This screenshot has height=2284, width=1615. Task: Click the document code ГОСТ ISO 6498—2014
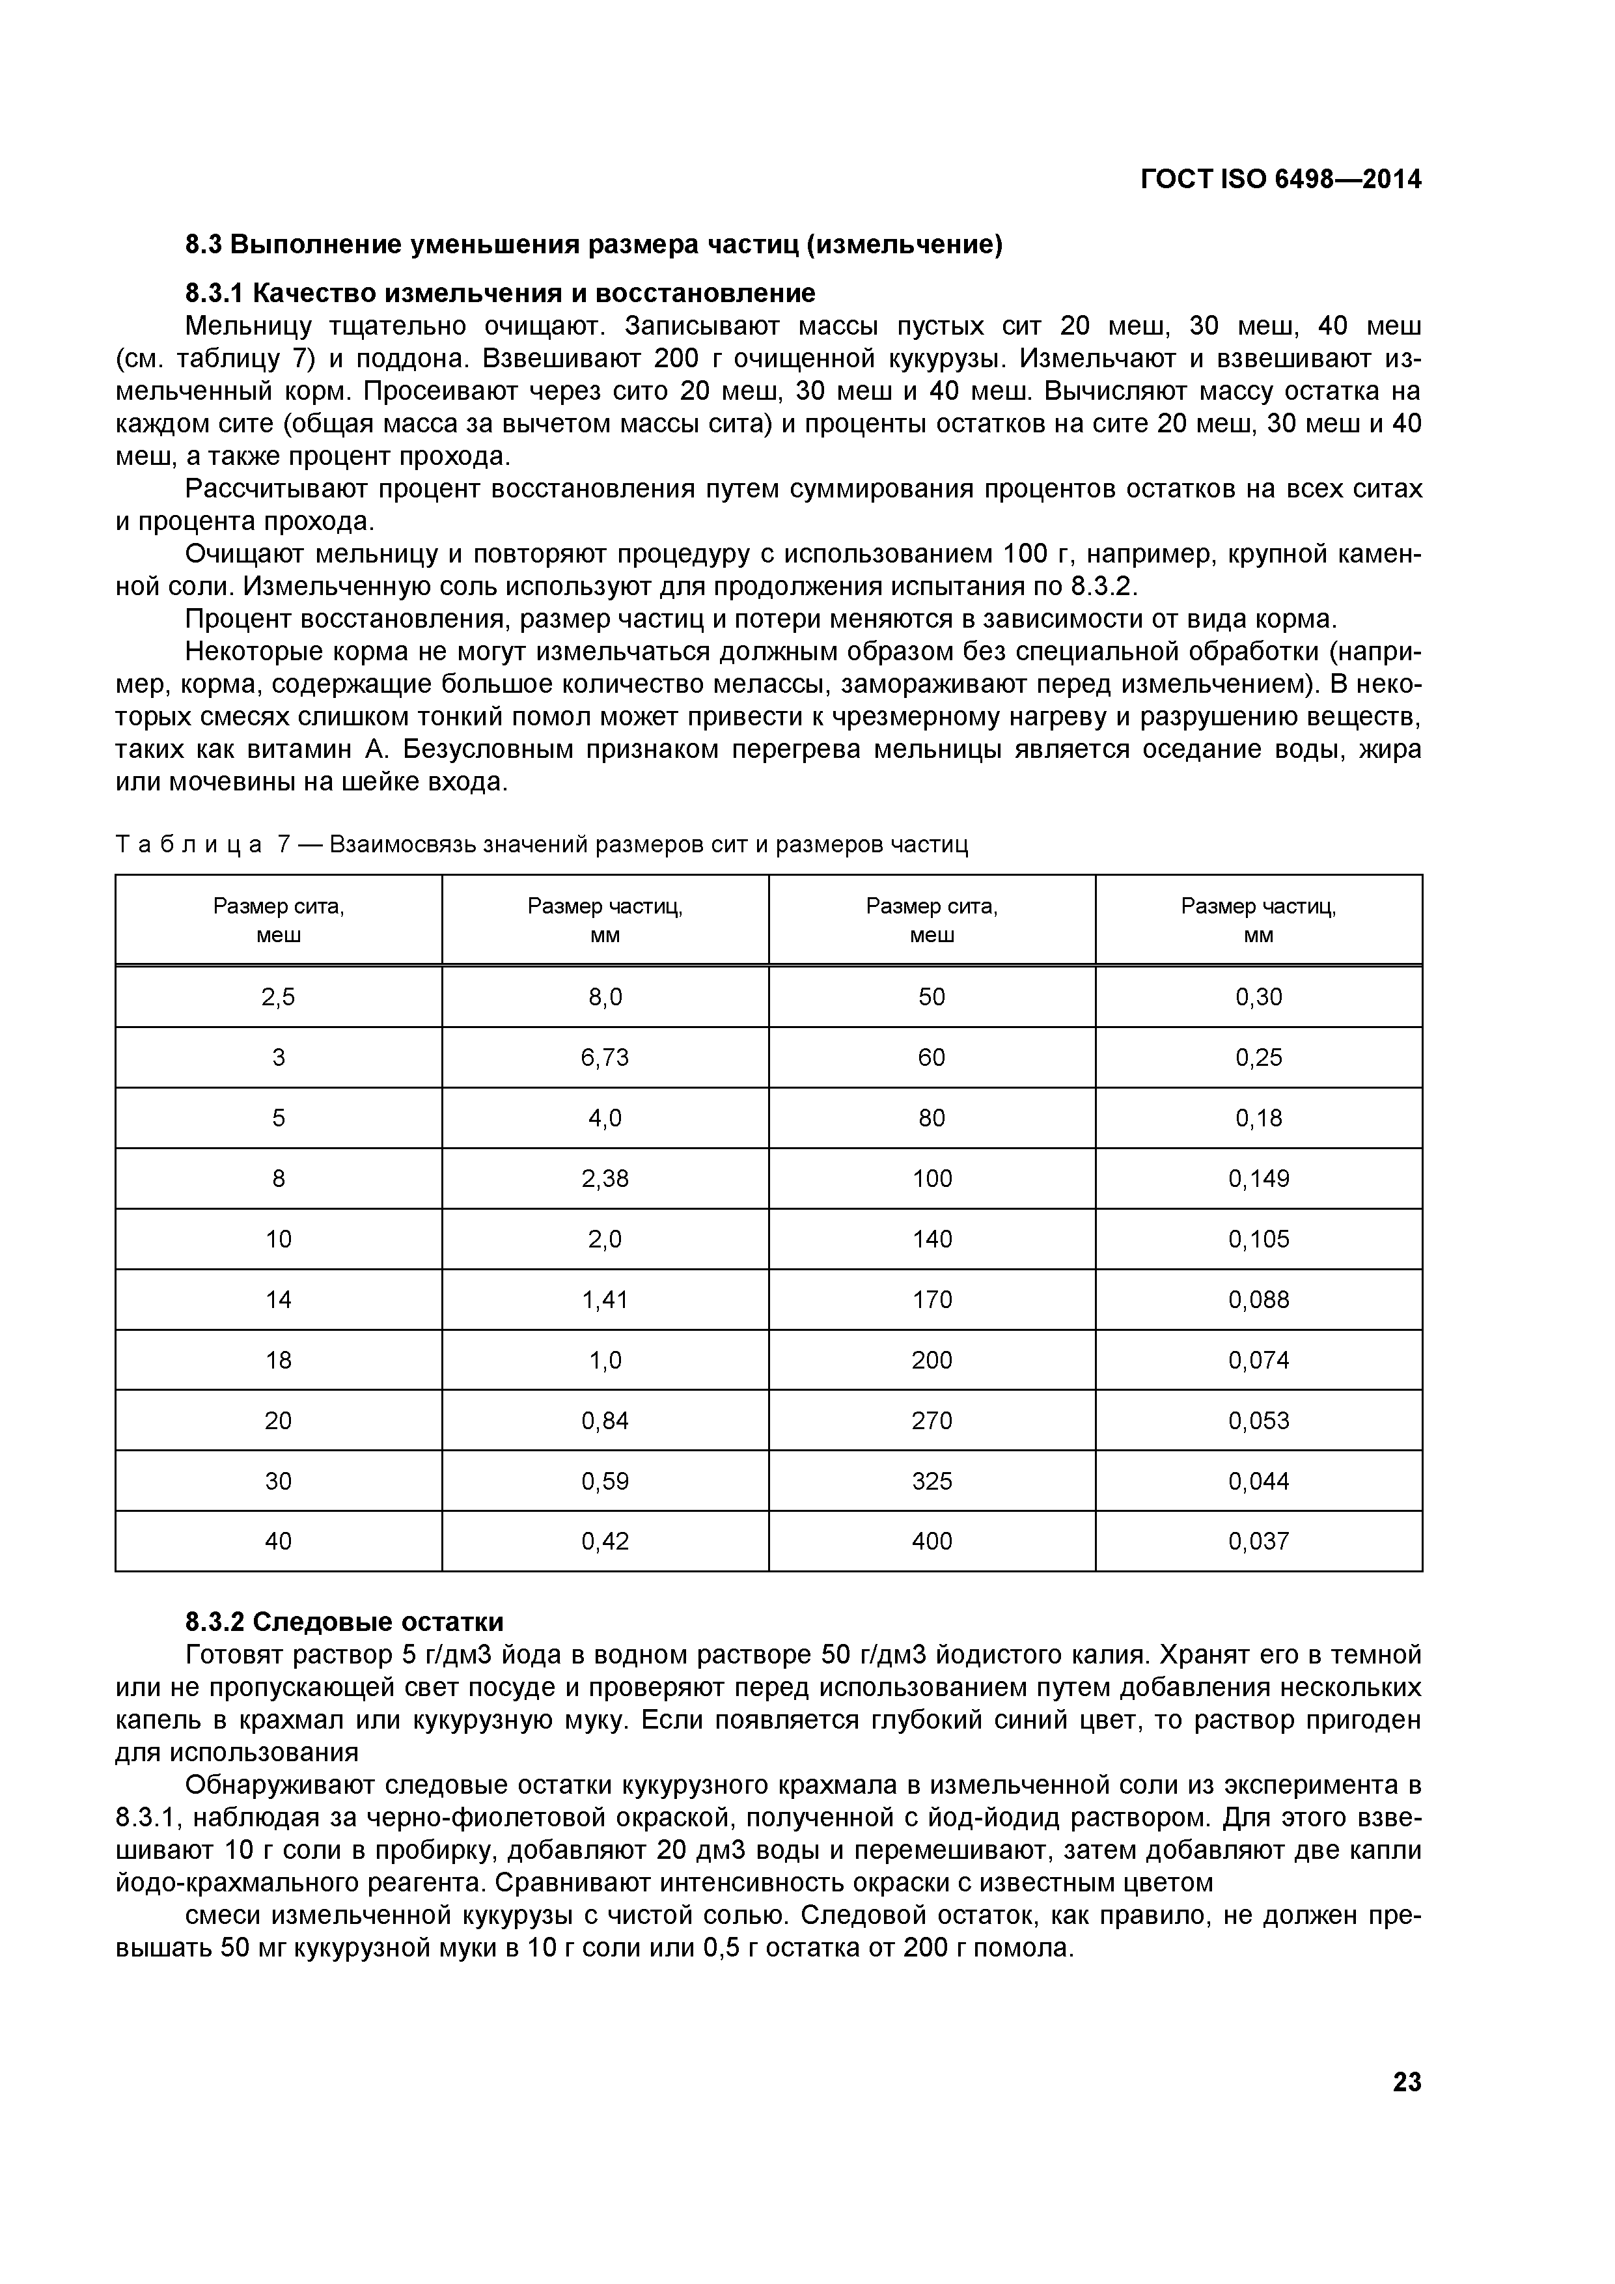[1281, 180]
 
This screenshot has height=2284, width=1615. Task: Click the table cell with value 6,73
[605, 1057]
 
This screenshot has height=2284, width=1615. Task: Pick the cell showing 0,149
[1259, 1179]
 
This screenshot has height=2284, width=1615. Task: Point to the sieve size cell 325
[932, 1481]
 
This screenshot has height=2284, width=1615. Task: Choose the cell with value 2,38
[605, 1179]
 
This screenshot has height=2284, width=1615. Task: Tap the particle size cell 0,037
[1259, 1541]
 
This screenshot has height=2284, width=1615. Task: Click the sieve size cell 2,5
[279, 997]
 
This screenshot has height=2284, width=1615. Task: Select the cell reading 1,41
[605, 1299]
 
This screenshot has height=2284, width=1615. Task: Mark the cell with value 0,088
[1259, 1299]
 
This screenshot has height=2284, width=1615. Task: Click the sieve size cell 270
[932, 1421]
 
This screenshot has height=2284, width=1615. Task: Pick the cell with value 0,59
[605, 1481]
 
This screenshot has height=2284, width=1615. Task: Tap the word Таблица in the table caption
[189, 846]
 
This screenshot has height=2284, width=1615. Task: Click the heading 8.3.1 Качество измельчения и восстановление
[500, 294]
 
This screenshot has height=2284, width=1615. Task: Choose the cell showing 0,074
[1259, 1360]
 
